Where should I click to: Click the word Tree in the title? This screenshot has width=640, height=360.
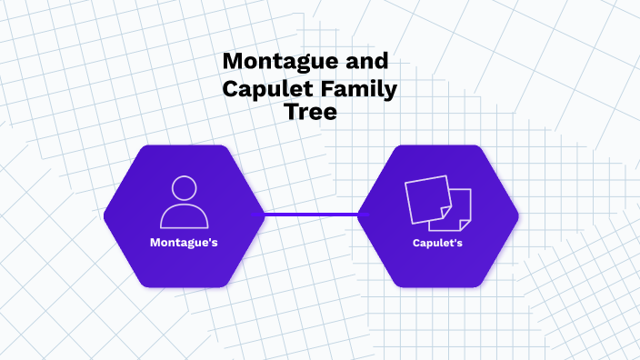(x=311, y=113)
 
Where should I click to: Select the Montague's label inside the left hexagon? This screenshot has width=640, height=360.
(x=184, y=243)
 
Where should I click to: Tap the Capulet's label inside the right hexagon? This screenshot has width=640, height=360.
(x=438, y=243)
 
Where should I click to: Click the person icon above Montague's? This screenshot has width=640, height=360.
(x=185, y=202)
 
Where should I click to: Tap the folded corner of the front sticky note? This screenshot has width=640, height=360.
(x=446, y=212)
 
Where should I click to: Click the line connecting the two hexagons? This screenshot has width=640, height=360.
(x=311, y=215)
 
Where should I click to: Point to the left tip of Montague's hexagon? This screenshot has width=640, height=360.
(x=106, y=216)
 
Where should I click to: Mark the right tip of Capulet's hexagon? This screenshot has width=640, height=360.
(x=516, y=216)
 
